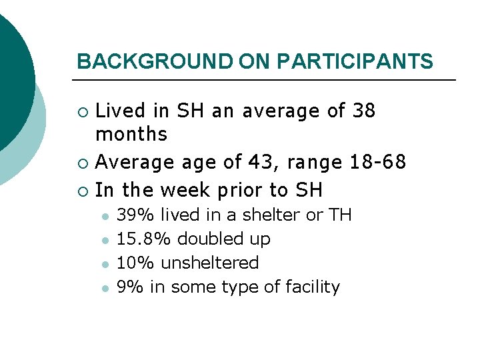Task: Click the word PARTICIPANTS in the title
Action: (x=355, y=62)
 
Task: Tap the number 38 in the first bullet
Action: (x=363, y=111)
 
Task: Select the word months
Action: (x=131, y=134)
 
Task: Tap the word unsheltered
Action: (x=209, y=263)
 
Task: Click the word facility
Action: (x=313, y=287)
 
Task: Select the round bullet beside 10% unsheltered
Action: (x=104, y=264)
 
